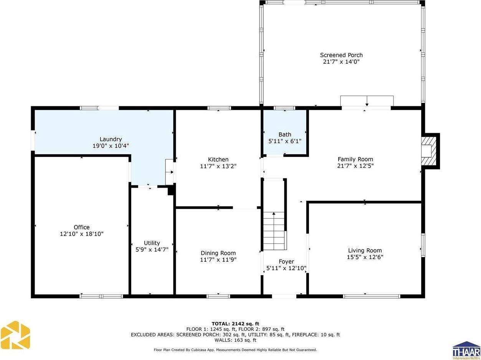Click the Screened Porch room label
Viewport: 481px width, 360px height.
click(x=341, y=55)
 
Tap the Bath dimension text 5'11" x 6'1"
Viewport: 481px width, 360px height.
click(x=284, y=141)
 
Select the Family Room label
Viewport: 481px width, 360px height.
click(x=355, y=159)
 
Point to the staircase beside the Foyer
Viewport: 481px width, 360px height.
click(x=274, y=230)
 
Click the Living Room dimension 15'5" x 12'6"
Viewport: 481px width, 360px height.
click(x=365, y=257)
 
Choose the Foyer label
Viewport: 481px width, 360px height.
click(x=286, y=262)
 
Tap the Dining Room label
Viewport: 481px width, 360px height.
click(x=218, y=253)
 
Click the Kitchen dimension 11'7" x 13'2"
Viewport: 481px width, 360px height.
click(x=218, y=166)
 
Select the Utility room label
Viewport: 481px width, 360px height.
click(x=152, y=243)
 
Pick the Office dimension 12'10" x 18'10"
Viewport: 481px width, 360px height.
click(x=81, y=234)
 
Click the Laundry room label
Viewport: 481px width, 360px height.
click(x=111, y=139)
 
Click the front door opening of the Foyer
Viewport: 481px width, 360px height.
click(x=284, y=296)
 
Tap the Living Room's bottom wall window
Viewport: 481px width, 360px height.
click(x=371, y=296)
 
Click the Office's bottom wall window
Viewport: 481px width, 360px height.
click(x=101, y=296)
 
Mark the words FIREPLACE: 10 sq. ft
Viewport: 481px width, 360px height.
click(x=317, y=334)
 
